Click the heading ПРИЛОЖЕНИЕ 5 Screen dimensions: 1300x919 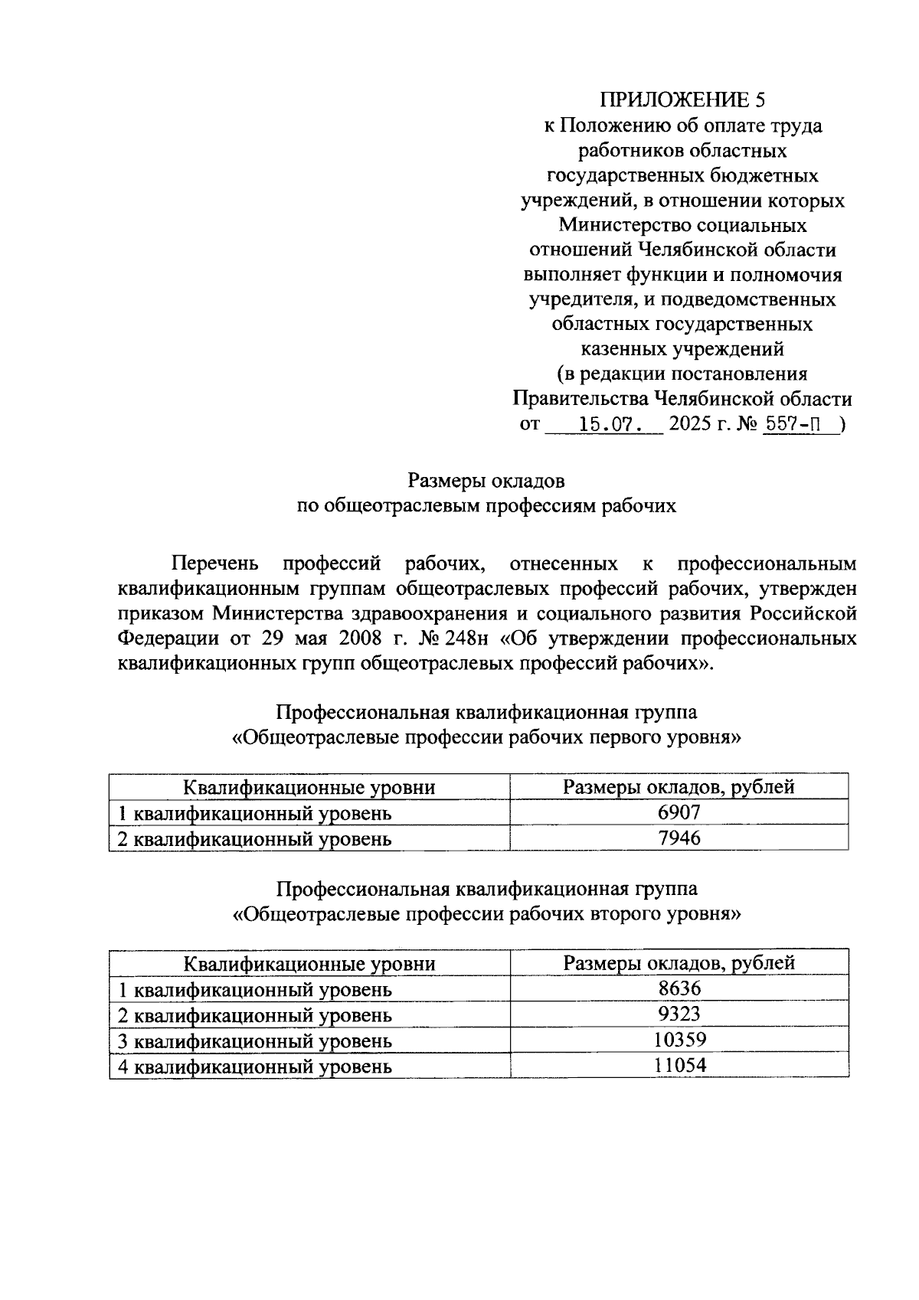(682, 100)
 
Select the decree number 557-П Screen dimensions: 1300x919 (797, 423)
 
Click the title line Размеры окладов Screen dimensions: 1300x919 (486, 481)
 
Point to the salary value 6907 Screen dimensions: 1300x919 (679, 812)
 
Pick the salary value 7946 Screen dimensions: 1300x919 (679, 838)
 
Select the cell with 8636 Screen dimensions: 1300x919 (679, 988)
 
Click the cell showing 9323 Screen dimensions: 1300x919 (679, 1014)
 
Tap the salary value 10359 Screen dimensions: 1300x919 (679, 1040)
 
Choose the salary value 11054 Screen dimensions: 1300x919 (679, 1065)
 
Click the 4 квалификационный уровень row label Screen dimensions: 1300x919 (254, 1066)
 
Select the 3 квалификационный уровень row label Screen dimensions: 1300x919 (254, 1041)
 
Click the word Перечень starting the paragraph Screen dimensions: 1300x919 (215, 564)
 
